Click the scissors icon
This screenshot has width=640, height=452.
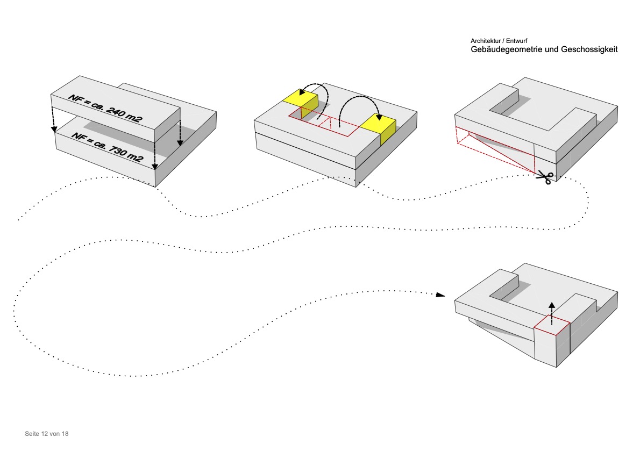[x=545, y=177]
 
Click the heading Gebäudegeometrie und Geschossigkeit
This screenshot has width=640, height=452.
[x=544, y=49]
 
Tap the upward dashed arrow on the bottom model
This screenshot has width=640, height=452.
[x=552, y=312]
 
